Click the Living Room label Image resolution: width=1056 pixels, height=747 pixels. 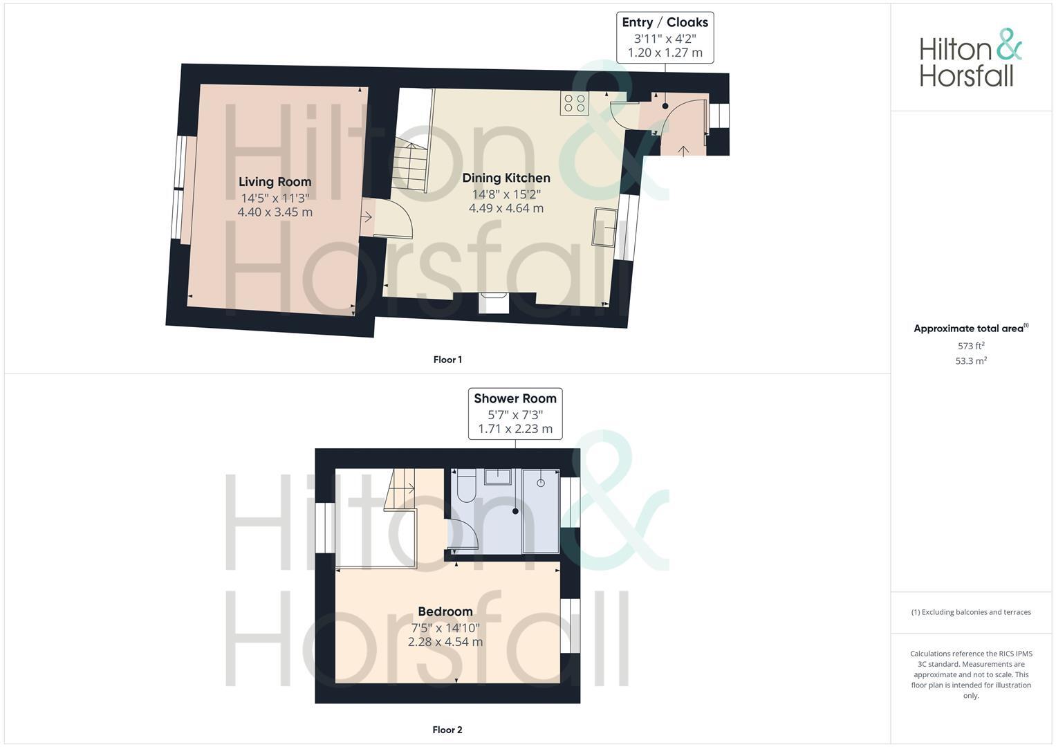275,182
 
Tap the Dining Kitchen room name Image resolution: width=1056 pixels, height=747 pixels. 506,178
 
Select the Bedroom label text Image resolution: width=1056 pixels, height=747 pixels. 445,611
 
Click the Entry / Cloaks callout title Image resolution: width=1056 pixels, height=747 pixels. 665,22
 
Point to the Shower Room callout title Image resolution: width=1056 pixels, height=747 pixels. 515,398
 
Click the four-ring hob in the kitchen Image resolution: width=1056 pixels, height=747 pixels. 575,104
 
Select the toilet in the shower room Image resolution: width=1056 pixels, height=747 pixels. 463,486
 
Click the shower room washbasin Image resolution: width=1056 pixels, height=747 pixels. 498,477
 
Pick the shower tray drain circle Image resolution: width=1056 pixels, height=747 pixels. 541,482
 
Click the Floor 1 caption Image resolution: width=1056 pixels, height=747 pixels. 447,360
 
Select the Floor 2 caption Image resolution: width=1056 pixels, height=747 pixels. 447,730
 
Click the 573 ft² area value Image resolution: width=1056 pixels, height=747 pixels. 971,346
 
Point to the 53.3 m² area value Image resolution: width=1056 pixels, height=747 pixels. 971,361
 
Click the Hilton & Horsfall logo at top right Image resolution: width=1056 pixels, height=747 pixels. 971,59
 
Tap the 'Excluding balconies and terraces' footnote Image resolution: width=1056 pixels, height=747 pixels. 971,612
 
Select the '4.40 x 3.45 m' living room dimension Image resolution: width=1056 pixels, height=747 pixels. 275,212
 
